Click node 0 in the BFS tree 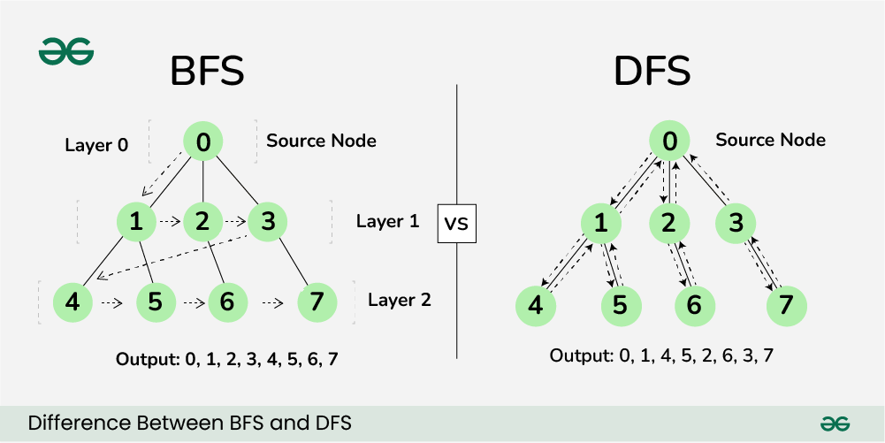[203, 141]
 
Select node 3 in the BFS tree [268, 223]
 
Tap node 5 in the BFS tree [155, 302]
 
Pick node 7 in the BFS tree [316, 302]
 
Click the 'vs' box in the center [456, 224]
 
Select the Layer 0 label [97, 144]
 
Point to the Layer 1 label [387, 221]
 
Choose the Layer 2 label [400, 300]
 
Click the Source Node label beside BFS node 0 [321, 141]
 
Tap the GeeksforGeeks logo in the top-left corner [66, 52]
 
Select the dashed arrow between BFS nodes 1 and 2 [170, 223]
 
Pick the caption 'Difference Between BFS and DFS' [190, 424]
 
